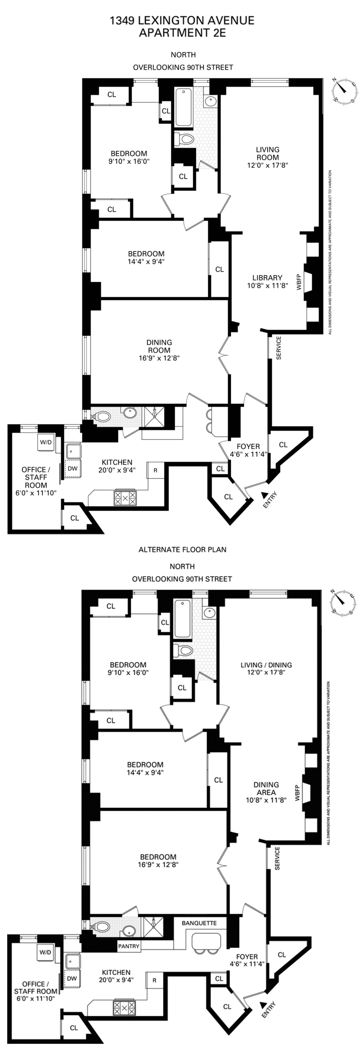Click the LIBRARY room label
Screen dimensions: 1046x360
click(267, 278)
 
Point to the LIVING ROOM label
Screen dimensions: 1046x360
click(268, 153)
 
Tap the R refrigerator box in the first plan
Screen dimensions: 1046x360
click(155, 471)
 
